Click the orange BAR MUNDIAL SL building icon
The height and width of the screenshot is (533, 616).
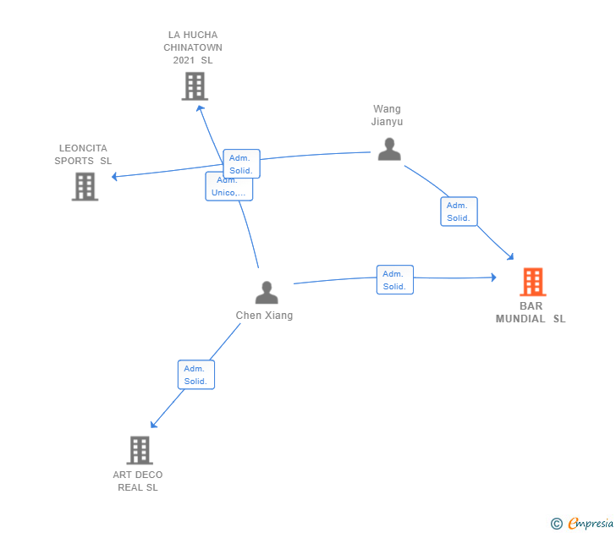click(532, 282)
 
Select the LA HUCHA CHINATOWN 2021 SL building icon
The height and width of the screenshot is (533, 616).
click(195, 85)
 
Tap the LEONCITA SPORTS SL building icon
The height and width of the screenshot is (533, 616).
click(85, 186)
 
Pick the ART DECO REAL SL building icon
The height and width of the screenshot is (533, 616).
click(140, 450)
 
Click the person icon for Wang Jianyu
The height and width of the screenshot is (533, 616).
click(388, 149)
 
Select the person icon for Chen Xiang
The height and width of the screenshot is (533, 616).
click(267, 293)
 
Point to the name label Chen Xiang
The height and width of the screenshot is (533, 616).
click(264, 316)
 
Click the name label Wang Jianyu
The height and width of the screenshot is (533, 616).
click(387, 115)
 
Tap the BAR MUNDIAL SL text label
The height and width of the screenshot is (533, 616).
click(531, 312)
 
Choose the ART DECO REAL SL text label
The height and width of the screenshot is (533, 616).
click(138, 481)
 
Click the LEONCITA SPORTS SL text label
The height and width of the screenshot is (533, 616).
click(83, 155)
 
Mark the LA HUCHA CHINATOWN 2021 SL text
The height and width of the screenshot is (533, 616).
click(193, 47)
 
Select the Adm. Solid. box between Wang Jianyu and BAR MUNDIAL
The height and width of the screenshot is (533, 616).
click(459, 212)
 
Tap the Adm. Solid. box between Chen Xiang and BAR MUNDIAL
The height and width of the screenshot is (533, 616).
click(394, 279)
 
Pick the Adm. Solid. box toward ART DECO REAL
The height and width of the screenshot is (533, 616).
click(196, 375)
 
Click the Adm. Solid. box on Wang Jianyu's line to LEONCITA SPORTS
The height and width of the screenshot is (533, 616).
click(241, 163)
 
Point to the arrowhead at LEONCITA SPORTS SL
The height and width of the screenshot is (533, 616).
click(115, 177)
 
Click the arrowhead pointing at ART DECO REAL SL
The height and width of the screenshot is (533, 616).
click(153, 426)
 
